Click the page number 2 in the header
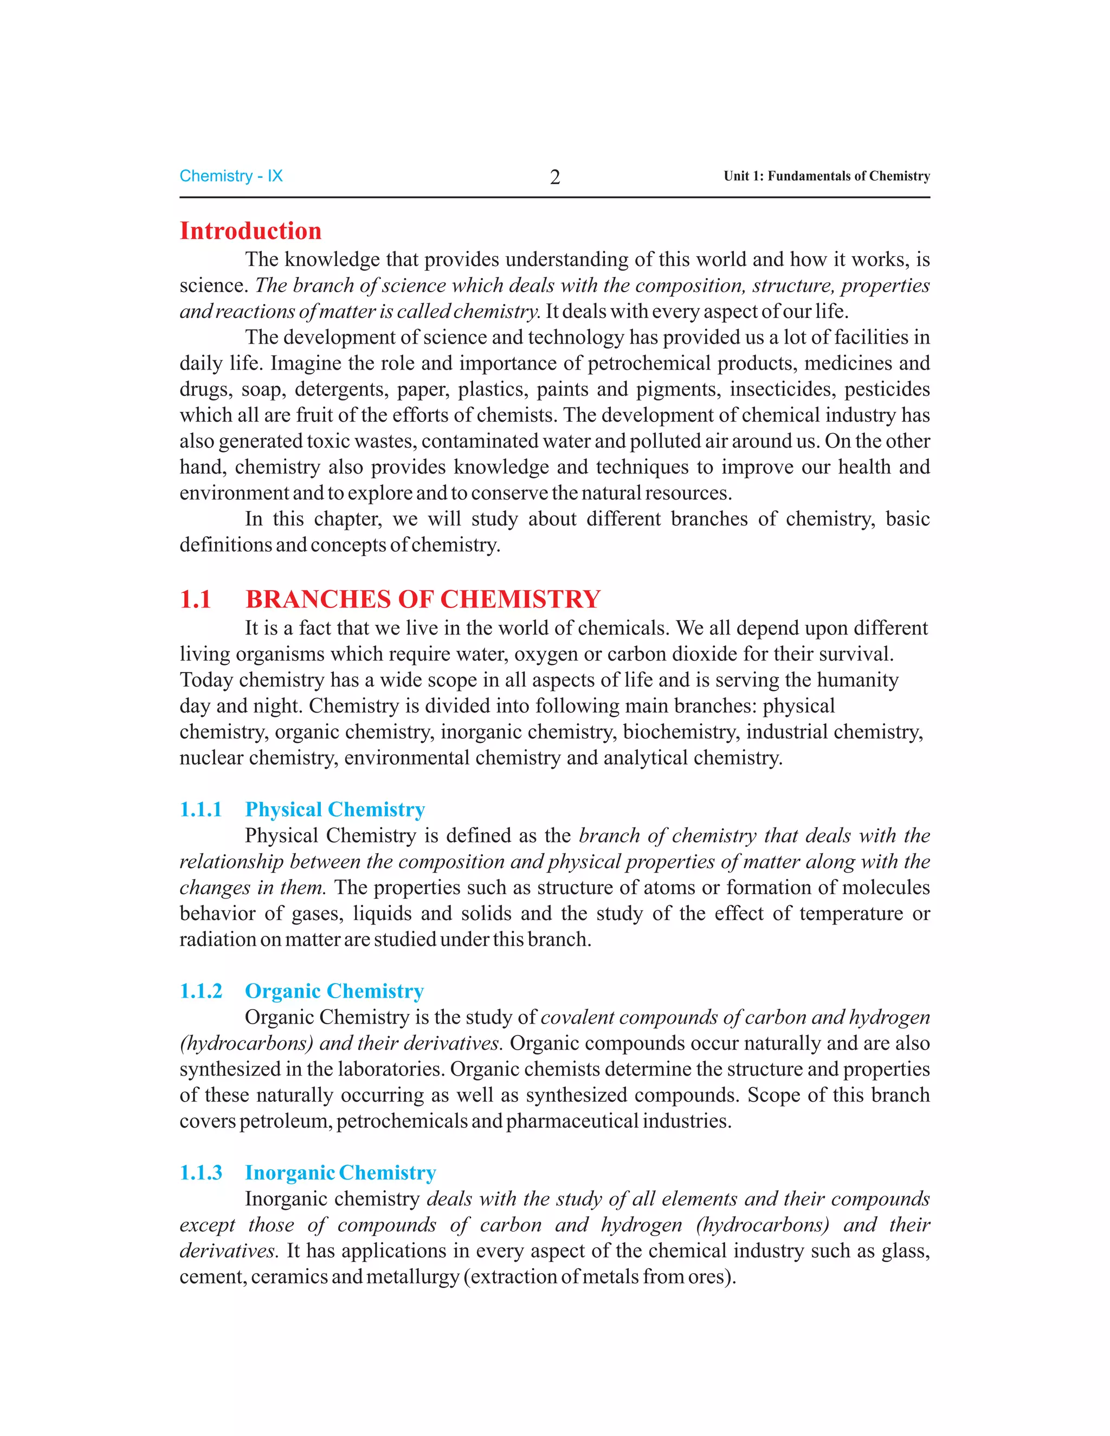554,177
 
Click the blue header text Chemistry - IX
231,176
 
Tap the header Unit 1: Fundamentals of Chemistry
827,176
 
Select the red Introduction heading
250,231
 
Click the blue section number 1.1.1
201,810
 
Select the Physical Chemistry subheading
335,810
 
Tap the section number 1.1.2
201,991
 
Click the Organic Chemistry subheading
334,991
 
